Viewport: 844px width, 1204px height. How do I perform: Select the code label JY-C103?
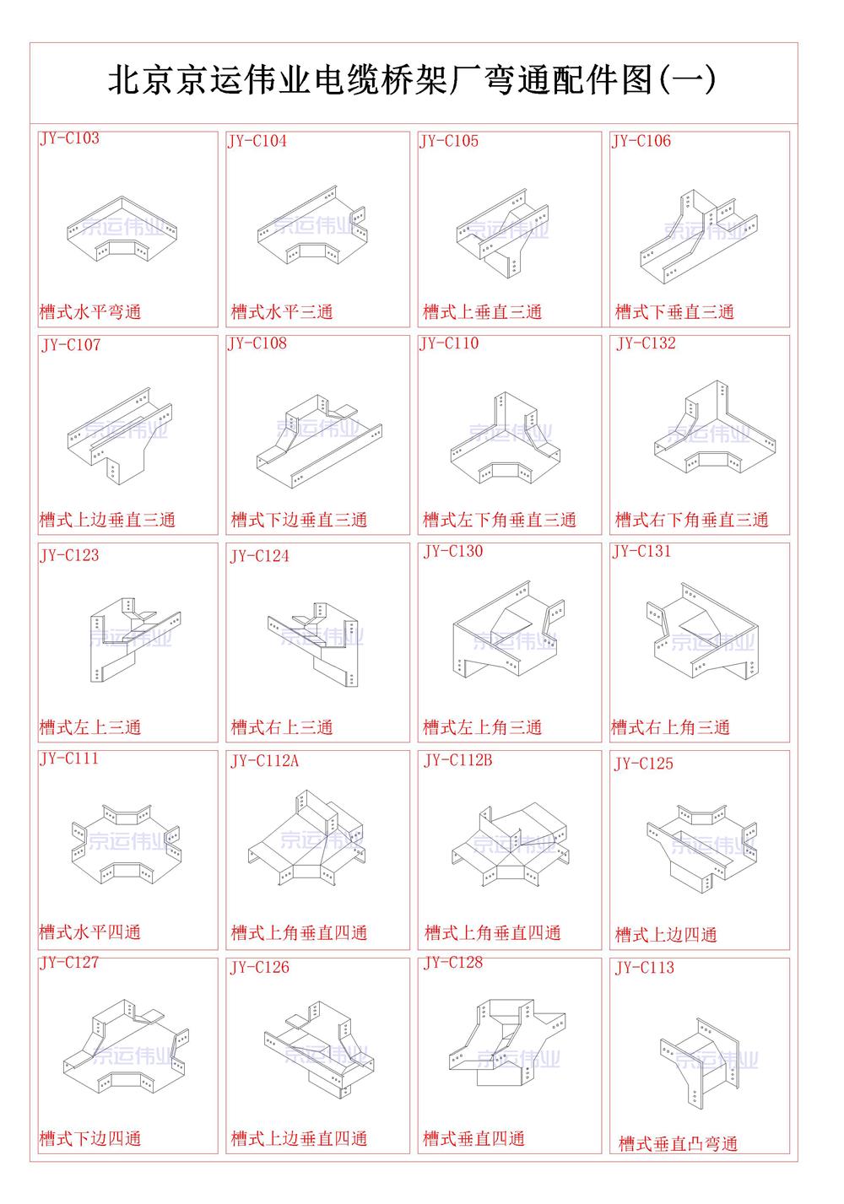click(x=69, y=139)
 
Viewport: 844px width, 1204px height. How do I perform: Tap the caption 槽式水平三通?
click(x=282, y=312)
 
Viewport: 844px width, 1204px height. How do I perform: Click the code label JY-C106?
click(x=641, y=142)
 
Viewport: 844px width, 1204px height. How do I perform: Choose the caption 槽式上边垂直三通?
click(x=107, y=520)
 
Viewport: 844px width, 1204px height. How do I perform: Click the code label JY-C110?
click(x=449, y=343)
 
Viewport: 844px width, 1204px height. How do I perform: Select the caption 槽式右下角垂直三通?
click(x=692, y=520)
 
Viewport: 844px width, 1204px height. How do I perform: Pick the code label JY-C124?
click(x=259, y=556)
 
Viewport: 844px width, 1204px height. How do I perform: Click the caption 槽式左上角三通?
click(x=483, y=727)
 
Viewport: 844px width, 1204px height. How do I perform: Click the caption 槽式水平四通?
click(x=90, y=932)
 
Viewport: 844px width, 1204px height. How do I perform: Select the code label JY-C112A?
click(x=264, y=762)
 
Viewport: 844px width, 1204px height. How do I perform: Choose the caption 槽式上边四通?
click(x=666, y=935)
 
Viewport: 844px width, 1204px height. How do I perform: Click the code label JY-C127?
click(x=69, y=963)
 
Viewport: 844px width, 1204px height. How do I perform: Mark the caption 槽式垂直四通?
click(x=474, y=1139)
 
